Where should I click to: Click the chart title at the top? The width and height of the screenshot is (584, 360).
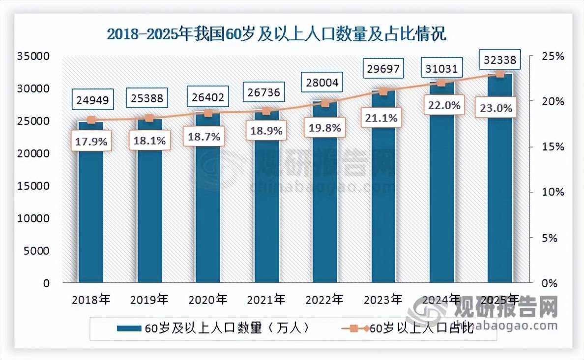276,34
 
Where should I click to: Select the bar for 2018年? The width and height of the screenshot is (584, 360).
91,202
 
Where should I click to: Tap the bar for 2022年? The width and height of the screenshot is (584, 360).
325,192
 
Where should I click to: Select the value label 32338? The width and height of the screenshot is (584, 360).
500,60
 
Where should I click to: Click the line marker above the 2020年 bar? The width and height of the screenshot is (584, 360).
208,114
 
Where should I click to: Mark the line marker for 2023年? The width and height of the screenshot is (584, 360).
383,91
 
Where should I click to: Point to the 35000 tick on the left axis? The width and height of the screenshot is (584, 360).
34,57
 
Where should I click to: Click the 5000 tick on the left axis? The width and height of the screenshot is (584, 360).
37,251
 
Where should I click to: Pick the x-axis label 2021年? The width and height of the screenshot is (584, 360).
265,299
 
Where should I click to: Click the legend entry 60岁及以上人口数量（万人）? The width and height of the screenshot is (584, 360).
212,328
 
